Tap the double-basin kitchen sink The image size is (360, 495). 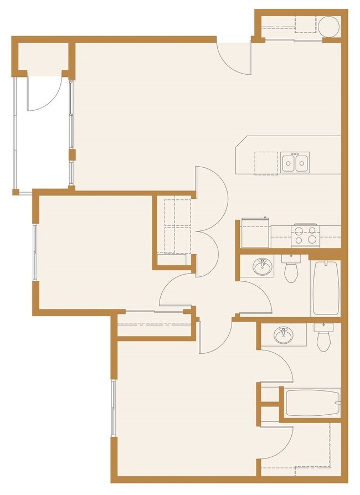(x=295, y=163)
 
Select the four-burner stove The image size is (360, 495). (x=306, y=236)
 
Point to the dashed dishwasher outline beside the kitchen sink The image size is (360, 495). (x=266, y=163)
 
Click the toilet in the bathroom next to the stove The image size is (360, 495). (x=291, y=269)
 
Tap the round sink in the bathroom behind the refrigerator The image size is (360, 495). (x=262, y=267)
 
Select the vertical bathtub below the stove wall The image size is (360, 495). (x=325, y=288)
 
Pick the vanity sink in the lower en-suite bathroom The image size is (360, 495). (x=284, y=335)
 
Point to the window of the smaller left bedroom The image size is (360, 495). (x=35, y=252)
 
